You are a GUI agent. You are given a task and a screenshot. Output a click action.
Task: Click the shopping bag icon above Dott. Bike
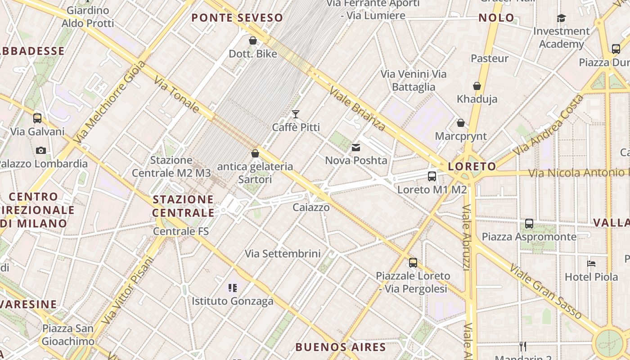coord(253,41)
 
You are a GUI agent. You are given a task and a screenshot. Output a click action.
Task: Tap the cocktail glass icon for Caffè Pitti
coord(296,114)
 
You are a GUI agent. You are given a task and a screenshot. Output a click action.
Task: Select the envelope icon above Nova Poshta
coord(356,148)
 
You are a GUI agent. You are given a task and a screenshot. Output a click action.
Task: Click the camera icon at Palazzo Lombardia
coord(41,150)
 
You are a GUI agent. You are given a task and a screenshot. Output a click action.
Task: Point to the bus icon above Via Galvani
coord(37,118)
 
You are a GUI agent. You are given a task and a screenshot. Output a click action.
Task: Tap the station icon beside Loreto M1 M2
coord(432,176)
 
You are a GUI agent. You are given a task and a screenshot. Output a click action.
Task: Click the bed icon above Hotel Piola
coord(591,264)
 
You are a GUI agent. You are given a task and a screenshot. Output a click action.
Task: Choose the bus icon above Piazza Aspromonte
coord(529,224)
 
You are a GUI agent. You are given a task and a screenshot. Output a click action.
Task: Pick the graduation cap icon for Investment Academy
coord(561,18)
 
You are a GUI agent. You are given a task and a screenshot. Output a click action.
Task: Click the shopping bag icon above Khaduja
coord(477,86)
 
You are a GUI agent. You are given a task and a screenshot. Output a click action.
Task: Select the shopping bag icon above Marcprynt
coord(461,123)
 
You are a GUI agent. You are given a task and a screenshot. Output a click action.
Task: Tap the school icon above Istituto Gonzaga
coord(233,288)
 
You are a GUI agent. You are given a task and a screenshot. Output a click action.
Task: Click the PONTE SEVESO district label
coord(237,18)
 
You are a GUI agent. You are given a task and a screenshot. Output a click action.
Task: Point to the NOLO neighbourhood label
coord(496,18)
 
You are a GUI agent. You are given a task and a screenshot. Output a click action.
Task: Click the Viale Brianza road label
coord(357,108)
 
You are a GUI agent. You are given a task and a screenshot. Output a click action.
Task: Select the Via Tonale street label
coord(177,94)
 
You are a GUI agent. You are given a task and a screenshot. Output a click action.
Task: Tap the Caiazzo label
coord(311,207)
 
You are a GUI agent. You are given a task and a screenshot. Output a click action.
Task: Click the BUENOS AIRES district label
coord(341,347)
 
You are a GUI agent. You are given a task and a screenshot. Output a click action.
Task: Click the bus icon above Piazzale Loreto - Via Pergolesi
coord(413,263)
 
